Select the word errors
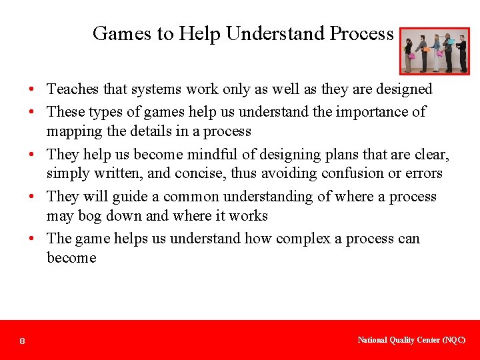(x=426, y=173)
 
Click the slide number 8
(x=23, y=341)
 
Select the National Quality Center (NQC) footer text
(x=411, y=340)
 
